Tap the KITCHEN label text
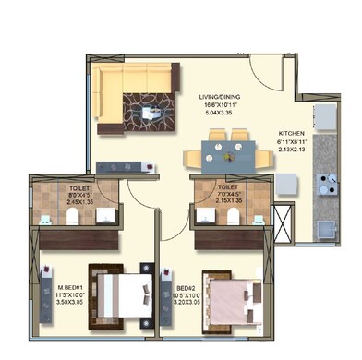(x=291, y=133)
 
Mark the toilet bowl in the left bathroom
(x=74, y=218)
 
